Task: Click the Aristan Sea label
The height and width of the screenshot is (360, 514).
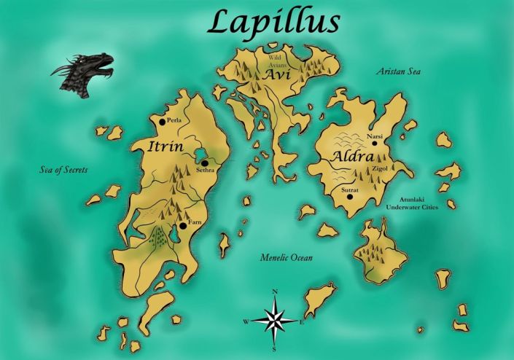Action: (x=399, y=71)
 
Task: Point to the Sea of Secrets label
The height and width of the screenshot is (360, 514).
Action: (x=63, y=170)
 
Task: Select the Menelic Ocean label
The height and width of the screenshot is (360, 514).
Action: (x=287, y=257)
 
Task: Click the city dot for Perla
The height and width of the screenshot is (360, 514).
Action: (x=163, y=122)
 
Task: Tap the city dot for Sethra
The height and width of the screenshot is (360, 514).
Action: (x=206, y=163)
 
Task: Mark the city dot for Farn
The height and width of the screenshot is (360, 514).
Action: (x=183, y=226)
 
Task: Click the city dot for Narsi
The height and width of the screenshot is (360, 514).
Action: (x=375, y=143)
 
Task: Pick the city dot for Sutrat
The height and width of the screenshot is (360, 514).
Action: (x=350, y=196)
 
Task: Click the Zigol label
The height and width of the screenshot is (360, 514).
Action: (x=380, y=168)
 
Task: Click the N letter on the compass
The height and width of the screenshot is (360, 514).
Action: (x=275, y=292)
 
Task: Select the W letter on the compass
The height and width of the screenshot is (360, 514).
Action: (x=246, y=321)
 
